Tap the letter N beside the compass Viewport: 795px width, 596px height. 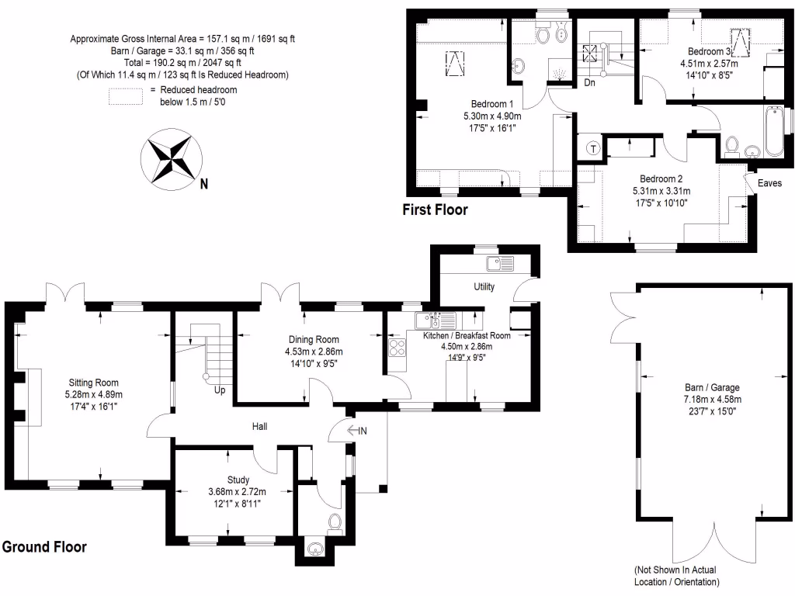(x=203, y=185)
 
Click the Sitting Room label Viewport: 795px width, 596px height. (x=93, y=382)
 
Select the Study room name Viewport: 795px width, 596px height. (x=238, y=480)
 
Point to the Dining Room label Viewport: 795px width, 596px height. (x=314, y=340)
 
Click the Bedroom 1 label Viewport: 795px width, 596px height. (x=492, y=104)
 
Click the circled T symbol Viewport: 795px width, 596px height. (x=593, y=148)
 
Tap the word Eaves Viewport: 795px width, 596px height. (x=769, y=183)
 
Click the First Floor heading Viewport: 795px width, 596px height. (x=435, y=210)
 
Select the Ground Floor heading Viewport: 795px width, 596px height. (x=43, y=547)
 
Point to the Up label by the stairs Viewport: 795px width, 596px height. (x=220, y=390)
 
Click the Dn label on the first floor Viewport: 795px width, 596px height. (x=589, y=81)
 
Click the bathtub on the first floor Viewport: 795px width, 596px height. (x=773, y=130)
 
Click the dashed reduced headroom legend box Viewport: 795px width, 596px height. (x=126, y=95)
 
